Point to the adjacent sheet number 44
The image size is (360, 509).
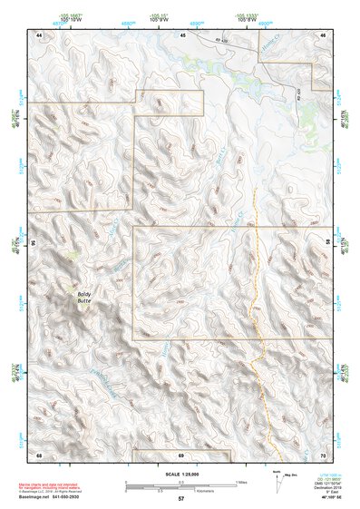pos(39,34)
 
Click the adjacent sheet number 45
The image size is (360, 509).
pos(181,34)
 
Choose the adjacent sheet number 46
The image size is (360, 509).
pos(322,34)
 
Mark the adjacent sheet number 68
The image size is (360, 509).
pos(39,454)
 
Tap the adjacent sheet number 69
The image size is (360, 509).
pos(181,454)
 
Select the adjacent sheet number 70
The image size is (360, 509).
pos(323,454)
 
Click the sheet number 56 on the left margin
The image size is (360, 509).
pos(34,244)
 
